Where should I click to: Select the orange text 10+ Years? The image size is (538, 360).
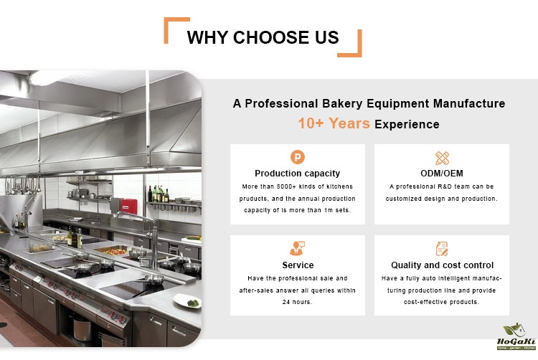[x=334, y=123]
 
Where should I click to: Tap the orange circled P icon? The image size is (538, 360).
[x=298, y=157]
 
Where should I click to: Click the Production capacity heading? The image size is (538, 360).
[x=298, y=174]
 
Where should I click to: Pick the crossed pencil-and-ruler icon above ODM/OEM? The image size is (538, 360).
[x=442, y=158]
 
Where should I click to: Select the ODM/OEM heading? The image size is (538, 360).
[x=442, y=174]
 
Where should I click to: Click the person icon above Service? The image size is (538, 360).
[x=297, y=249]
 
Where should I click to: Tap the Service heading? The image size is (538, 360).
[x=298, y=265]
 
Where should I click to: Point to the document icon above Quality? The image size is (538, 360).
[x=442, y=249]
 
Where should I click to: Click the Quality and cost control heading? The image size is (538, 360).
[x=443, y=265]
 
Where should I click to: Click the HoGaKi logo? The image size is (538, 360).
[x=516, y=337]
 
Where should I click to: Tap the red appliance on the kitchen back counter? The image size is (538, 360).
[x=128, y=207]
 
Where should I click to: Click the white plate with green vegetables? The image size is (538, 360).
[x=187, y=301]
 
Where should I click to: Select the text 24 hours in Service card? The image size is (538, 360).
[x=297, y=302]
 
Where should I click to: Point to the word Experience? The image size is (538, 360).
[x=407, y=125]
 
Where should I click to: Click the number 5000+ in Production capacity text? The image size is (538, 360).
[x=286, y=186]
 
